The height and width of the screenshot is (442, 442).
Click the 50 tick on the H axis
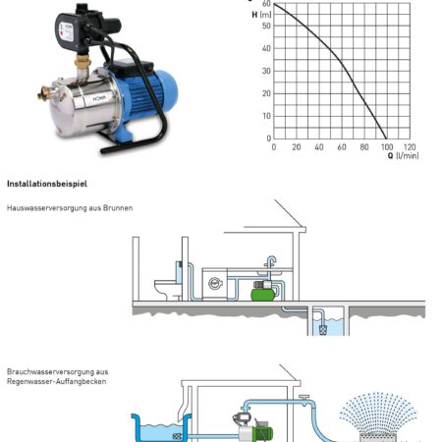point(267,26)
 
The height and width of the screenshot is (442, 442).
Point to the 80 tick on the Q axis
point(364,147)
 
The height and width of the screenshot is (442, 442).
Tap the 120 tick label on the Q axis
point(410,147)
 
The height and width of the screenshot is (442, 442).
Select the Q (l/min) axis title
point(403,155)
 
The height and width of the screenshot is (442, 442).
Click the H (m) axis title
point(261,15)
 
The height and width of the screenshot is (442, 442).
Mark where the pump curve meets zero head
point(387,138)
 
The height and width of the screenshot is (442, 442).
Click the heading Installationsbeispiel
point(47,184)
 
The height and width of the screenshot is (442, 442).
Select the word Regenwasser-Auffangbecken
point(56,381)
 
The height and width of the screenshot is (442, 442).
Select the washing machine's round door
point(215,284)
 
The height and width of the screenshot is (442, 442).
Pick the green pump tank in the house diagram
point(263,295)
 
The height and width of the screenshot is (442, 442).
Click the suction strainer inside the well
point(323,330)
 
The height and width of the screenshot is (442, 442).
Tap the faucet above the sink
point(271,263)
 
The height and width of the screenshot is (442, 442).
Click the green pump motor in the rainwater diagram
point(264,430)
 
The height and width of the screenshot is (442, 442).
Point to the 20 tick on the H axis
point(267,93)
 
